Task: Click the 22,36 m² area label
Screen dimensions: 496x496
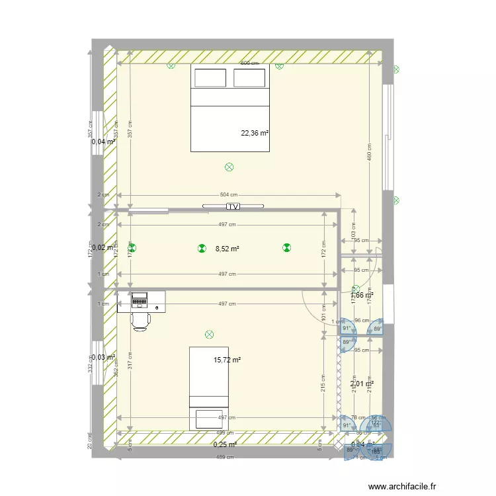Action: [255, 133]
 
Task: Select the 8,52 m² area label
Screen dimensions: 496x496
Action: [227, 249]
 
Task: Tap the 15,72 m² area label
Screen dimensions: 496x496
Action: [227, 360]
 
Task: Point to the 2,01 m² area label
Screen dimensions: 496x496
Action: [362, 384]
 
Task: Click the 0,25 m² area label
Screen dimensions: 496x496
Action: [225, 445]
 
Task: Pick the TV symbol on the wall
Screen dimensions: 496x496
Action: [233, 206]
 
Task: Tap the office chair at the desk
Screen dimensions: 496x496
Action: [141, 320]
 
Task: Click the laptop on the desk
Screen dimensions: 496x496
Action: [140, 300]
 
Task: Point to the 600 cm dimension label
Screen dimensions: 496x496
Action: [249, 63]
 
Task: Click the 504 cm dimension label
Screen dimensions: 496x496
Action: [229, 195]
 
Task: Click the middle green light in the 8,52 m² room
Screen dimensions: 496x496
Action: [202, 249]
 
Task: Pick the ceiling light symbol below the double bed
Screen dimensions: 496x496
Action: [229, 167]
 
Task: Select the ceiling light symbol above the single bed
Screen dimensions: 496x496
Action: [210, 335]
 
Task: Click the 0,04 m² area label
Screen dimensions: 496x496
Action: [104, 142]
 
